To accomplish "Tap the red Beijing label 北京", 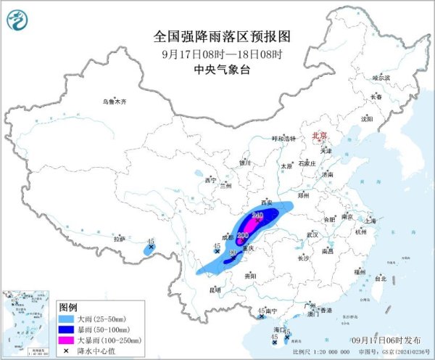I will click(320, 136).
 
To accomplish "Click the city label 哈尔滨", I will click(381, 77).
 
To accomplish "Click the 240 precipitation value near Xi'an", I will click(257, 216).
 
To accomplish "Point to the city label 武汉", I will click(312, 234).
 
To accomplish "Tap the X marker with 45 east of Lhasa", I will click(151, 247).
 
